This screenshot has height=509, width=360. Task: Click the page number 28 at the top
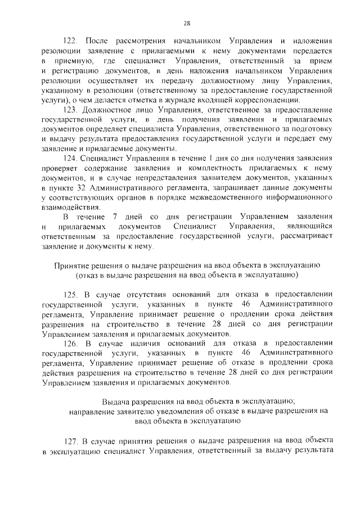187,23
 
